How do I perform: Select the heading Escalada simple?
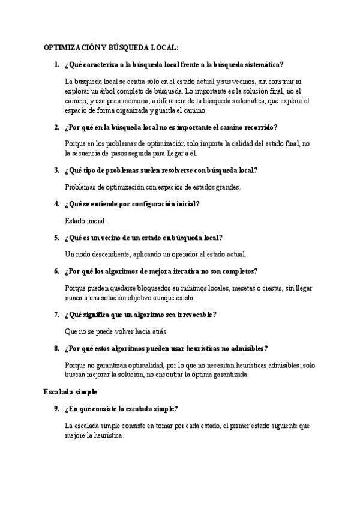tap(66, 391)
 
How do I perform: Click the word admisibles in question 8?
tap(245, 348)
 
